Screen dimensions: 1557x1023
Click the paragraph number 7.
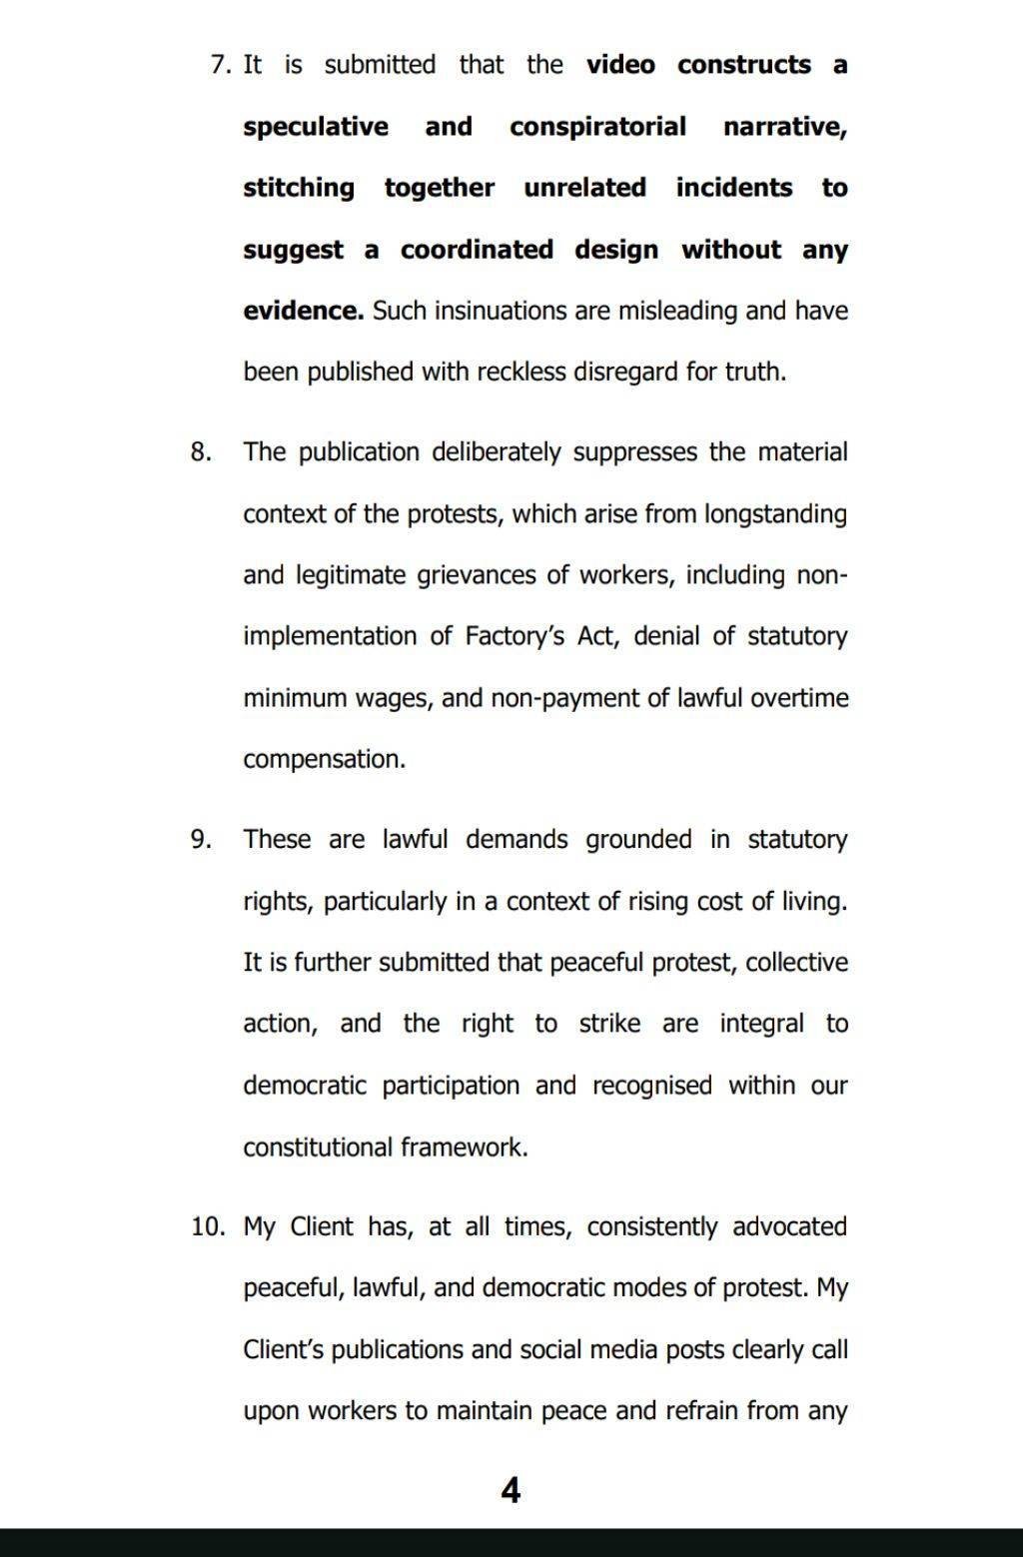[220, 66]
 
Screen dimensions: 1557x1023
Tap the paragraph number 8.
[200, 452]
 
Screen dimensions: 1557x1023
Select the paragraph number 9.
[200, 840]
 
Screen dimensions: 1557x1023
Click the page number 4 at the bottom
[511, 1491]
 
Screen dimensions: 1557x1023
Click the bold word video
[620, 66]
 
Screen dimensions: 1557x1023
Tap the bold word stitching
[299, 189]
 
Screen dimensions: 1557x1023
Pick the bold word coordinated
[477, 250]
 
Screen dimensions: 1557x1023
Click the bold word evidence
[303, 311]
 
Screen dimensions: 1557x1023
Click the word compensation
[324, 760]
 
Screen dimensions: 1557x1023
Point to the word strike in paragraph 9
[609, 1024]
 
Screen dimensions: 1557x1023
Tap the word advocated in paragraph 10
[789, 1227]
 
